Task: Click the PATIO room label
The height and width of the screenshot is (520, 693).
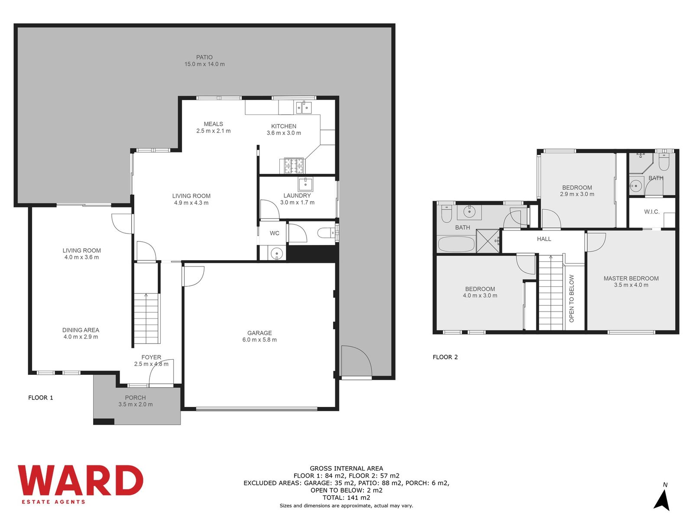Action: tap(204, 57)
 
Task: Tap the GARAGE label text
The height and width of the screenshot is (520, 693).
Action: tap(259, 333)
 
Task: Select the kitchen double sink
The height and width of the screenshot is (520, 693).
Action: tap(304, 107)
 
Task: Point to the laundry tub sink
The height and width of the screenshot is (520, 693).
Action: tap(305, 185)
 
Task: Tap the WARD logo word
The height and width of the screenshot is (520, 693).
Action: tap(81, 480)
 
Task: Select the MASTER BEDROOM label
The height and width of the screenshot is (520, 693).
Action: tap(631, 278)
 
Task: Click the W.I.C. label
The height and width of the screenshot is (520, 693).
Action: tap(652, 211)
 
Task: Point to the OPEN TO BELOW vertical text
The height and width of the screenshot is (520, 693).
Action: tap(571, 299)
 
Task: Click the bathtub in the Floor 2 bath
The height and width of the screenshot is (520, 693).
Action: tap(456, 244)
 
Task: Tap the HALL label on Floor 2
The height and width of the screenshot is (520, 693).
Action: tap(544, 239)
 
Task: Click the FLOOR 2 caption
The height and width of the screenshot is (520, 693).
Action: tap(445, 357)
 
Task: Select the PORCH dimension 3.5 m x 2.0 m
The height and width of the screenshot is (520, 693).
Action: tap(136, 404)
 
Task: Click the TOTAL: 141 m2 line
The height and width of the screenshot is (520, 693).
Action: tap(346, 497)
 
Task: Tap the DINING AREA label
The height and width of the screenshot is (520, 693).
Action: tap(81, 330)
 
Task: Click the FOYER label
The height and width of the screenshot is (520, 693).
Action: tap(151, 357)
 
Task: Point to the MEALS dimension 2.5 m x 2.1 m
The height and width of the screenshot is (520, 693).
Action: tap(214, 131)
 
